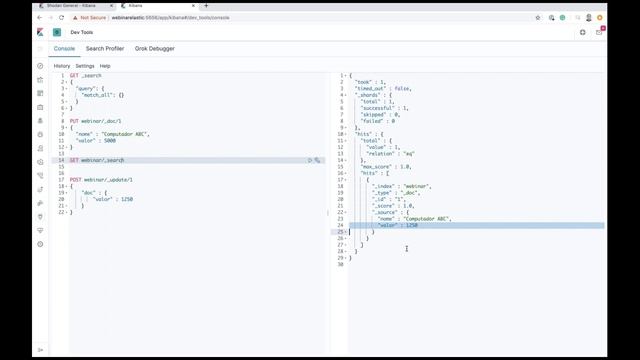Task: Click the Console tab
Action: tap(64, 48)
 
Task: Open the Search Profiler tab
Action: tap(105, 48)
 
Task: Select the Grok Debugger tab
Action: tap(156, 48)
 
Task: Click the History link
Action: tap(62, 66)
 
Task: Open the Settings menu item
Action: tap(85, 66)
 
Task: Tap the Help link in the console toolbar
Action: tap(105, 66)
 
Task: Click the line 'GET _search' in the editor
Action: tap(86, 76)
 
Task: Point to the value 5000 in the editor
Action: tap(108, 140)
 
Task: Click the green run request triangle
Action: tap(310, 160)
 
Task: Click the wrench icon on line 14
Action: tap(318, 160)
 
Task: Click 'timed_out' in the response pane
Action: tap(372, 89)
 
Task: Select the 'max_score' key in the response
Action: tap(376, 166)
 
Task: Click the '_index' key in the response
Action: tap(385, 186)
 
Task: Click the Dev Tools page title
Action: tap(81, 32)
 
